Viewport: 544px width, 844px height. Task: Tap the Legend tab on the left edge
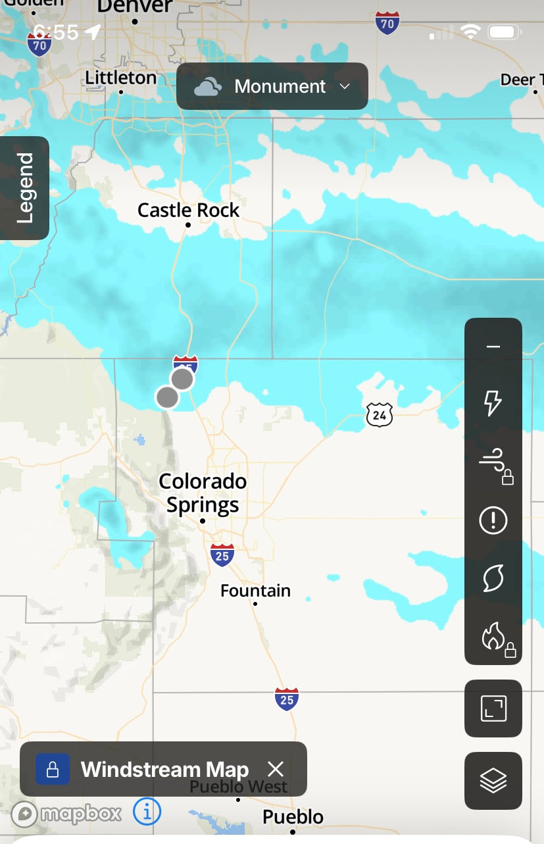pyautogui.click(x=24, y=188)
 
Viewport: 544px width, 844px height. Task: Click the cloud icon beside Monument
pyautogui.click(x=207, y=87)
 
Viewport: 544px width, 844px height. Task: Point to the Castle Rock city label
pyautogui.click(x=188, y=211)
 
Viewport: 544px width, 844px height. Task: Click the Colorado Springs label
pyautogui.click(x=203, y=493)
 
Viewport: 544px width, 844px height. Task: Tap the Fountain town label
pyautogui.click(x=255, y=591)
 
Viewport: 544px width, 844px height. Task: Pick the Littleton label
pyautogui.click(x=121, y=78)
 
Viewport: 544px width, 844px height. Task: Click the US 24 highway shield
pyautogui.click(x=380, y=414)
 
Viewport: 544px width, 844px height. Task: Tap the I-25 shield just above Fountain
pyautogui.click(x=222, y=555)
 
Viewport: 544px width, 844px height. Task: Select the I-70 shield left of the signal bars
pyautogui.click(x=387, y=24)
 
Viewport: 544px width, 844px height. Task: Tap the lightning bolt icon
pyautogui.click(x=493, y=403)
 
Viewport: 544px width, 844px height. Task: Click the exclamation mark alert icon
pyautogui.click(x=493, y=521)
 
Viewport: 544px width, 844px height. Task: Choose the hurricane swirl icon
pyautogui.click(x=493, y=579)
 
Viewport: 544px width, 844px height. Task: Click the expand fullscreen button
pyautogui.click(x=493, y=708)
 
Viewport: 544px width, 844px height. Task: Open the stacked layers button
pyautogui.click(x=493, y=781)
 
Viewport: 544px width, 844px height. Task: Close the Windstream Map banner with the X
pyautogui.click(x=276, y=769)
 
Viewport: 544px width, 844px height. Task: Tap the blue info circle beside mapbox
pyautogui.click(x=147, y=812)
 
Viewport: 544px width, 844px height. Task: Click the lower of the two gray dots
pyautogui.click(x=167, y=397)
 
